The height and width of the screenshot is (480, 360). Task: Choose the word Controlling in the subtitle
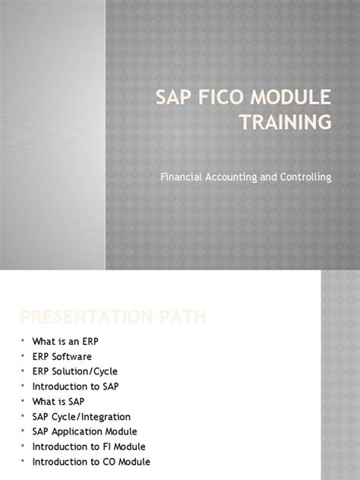coord(305,177)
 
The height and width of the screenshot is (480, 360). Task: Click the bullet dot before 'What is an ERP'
coord(23,342)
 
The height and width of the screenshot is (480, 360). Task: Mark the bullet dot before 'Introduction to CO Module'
coord(23,461)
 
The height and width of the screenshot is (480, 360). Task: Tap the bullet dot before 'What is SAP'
coord(23,401)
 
